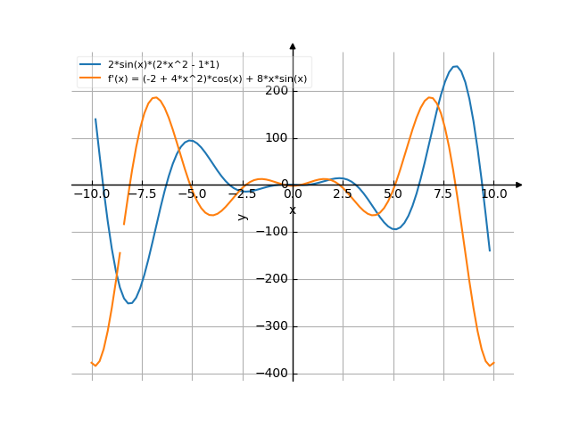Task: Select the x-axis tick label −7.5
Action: [x=141, y=193]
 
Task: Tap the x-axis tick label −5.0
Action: [x=191, y=193]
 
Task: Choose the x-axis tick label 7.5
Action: [x=443, y=193]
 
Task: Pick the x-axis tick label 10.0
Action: [x=493, y=193]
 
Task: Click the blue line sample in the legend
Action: [x=90, y=65]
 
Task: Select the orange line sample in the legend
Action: [x=90, y=78]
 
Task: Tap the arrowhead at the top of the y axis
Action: [x=293, y=45]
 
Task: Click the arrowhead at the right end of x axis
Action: [x=518, y=185]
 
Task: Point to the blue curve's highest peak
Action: [x=456, y=66]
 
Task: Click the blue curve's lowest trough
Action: [x=129, y=304]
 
